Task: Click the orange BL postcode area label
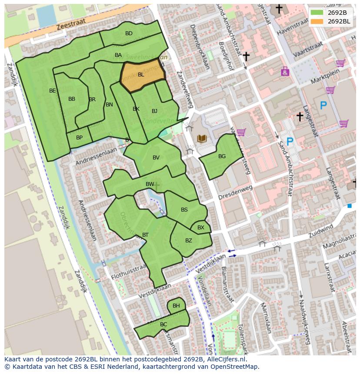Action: (x=141, y=75)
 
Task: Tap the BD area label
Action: (x=129, y=33)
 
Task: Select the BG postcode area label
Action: (x=222, y=156)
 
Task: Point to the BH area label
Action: (x=176, y=306)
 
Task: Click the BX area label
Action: (x=200, y=228)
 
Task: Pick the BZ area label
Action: (x=188, y=241)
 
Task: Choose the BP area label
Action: (x=79, y=138)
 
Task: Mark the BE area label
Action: (x=53, y=91)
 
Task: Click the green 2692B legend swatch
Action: (x=317, y=12)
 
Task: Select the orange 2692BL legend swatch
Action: (x=317, y=21)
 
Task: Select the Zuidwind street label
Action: (x=320, y=230)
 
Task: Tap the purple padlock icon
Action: (x=285, y=72)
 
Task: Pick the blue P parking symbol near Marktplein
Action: (x=323, y=105)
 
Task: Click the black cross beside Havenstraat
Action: (x=279, y=9)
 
